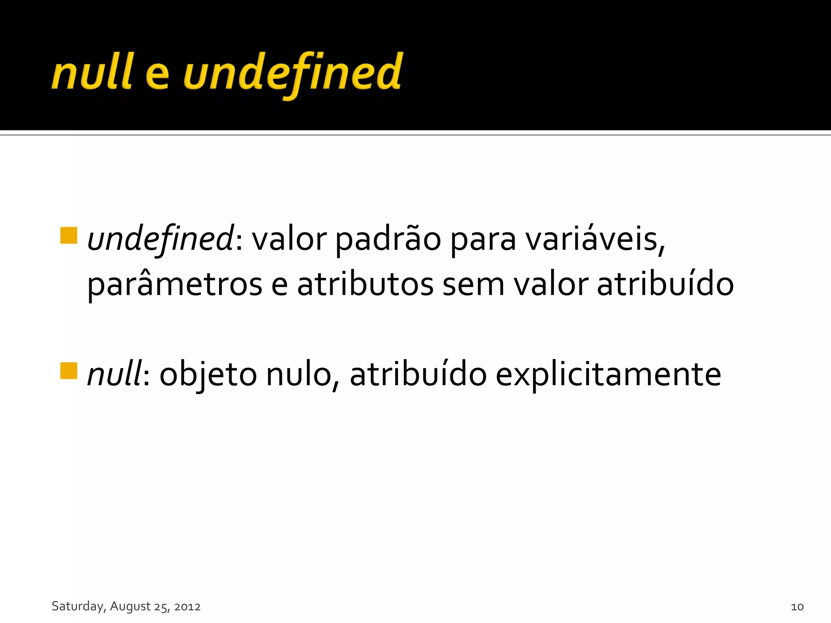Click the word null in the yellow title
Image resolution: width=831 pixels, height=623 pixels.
(x=92, y=72)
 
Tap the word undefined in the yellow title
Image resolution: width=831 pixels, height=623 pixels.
(x=293, y=73)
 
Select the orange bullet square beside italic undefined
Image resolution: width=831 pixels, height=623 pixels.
(x=69, y=236)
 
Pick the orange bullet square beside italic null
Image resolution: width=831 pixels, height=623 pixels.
(x=69, y=371)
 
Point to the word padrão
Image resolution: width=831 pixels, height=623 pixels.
(x=388, y=239)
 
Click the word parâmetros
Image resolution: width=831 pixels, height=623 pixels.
(x=175, y=285)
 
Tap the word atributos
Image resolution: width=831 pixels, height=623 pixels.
(x=365, y=285)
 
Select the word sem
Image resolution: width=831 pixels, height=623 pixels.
(x=473, y=285)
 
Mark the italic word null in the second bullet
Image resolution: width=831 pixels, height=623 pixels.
(x=114, y=374)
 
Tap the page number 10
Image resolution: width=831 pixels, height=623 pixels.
(x=797, y=607)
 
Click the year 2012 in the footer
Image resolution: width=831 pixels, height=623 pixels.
(x=187, y=607)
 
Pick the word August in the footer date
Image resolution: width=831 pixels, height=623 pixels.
(x=130, y=606)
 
